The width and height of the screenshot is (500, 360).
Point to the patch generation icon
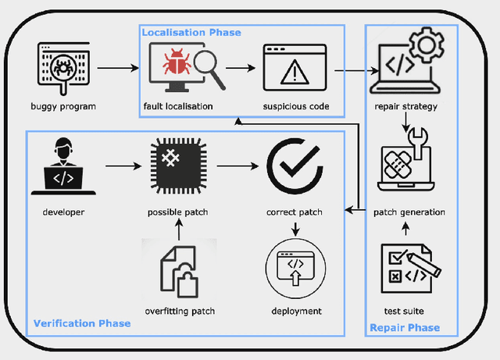[408, 166]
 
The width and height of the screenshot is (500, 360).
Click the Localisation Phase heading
[191, 32]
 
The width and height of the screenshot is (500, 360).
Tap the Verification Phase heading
[81, 323]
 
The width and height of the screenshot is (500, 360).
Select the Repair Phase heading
[404, 327]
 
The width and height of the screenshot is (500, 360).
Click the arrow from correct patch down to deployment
[295, 230]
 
